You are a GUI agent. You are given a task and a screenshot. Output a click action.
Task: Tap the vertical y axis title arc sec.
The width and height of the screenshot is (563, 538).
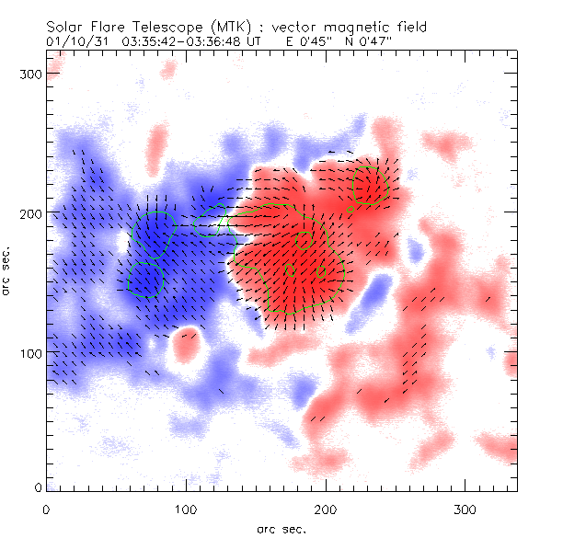7,269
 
